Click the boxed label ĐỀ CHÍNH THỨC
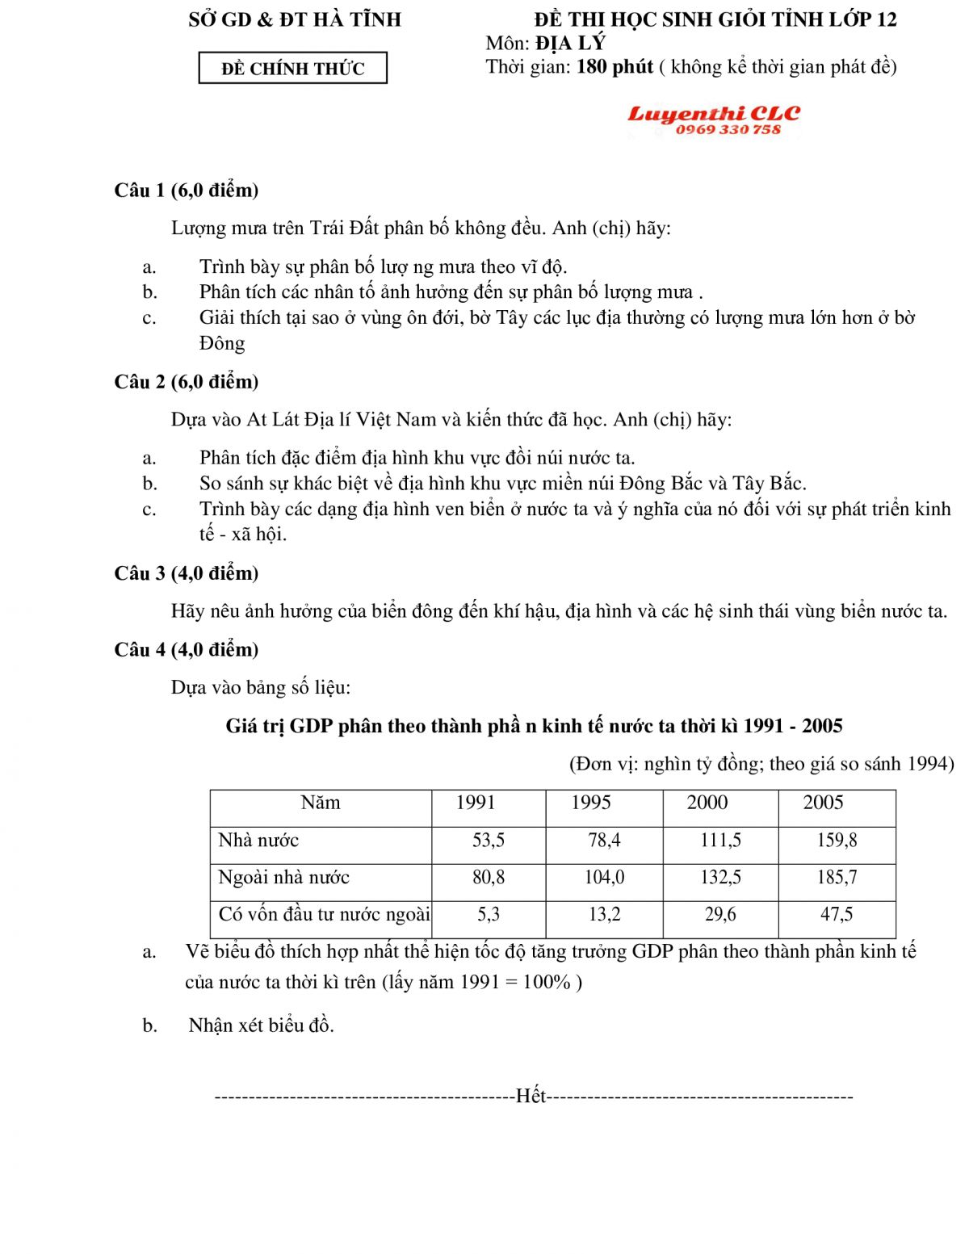tap(292, 69)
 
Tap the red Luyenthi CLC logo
tap(714, 114)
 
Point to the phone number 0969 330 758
tap(728, 129)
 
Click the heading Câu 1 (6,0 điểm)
tap(187, 191)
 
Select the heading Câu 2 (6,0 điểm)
tap(187, 382)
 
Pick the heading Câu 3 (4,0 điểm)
tap(187, 573)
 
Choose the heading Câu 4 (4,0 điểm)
tap(187, 650)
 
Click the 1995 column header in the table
tap(591, 803)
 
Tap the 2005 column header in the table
tap(823, 803)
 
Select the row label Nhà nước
tap(258, 841)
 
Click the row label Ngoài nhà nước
tap(283, 878)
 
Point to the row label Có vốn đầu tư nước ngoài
tap(324, 915)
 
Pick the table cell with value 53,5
tap(489, 841)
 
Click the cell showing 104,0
tap(604, 878)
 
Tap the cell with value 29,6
tap(720, 915)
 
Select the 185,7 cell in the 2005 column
tap(837, 878)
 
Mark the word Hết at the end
tap(531, 1096)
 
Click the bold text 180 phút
tap(615, 67)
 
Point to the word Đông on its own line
tap(222, 344)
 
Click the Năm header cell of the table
tap(321, 803)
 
